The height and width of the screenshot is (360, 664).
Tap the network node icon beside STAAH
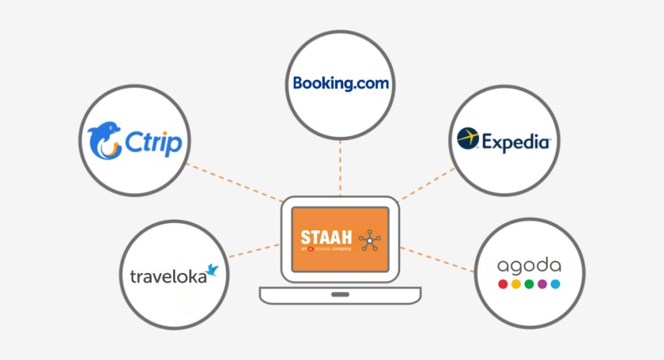pyautogui.click(x=370, y=241)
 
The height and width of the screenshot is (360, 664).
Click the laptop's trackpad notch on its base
pyautogui.click(x=339, y=294)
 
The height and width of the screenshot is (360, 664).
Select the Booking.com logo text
pyautogui.click(x=340, y=83)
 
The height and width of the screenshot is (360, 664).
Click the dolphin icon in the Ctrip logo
pyautogui.click(x=105, y=141)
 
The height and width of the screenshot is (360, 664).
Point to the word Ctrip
pyautogui.click(x=154, y=144)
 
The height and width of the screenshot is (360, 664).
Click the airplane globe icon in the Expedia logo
pyautogui.click(x=467, y=139)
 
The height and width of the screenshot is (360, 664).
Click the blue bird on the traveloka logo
pyautogui.click(x=212, y=270)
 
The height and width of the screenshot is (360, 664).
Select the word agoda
pyautogui.click(x=528, y=266)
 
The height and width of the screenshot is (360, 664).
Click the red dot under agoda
pyautogui.click(x=502, y=284)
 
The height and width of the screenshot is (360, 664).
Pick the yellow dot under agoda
pyautogui.click(x=516, y=284)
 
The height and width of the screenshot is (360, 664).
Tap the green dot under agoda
pyautogui.click(x=529, y=284)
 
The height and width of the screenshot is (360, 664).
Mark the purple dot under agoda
pyautogui.click(x=542, y=284)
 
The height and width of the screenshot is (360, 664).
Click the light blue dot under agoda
pyautogui.click(x=555, y=284)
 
